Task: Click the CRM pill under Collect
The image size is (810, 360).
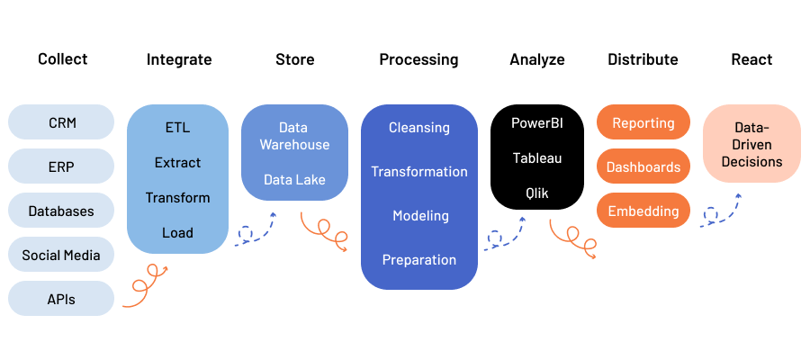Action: tap(61, 121)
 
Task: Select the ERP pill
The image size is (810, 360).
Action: tap(61, 166)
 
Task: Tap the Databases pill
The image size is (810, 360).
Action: tap(61, 211)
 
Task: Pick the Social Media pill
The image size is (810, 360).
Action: tap(61, 255)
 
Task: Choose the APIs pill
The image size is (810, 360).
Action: tap(61, 299)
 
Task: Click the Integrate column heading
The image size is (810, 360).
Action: tap(179, 59)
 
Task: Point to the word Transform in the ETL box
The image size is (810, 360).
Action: tap(177, 197)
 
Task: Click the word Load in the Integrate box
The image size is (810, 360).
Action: tap(177, 232)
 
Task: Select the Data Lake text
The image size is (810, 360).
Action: tap(294, 180)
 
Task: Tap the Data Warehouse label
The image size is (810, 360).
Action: tap(294, 136)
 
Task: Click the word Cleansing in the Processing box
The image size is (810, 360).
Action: tap(418, 128)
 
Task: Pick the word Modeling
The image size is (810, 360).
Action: tap(418, 216)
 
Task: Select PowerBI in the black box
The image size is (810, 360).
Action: tap(536, 122)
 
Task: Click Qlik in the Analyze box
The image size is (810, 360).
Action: tap(536, 193)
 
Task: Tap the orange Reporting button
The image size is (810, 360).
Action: tap(643, 122)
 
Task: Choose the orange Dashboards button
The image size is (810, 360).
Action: tap(643, 166)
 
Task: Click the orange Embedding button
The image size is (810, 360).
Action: tap(643, 211)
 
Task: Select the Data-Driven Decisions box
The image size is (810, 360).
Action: tap(751, 145)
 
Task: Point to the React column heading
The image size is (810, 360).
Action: tap(751, 59)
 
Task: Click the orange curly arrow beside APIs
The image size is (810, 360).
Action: tap(145, 286)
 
